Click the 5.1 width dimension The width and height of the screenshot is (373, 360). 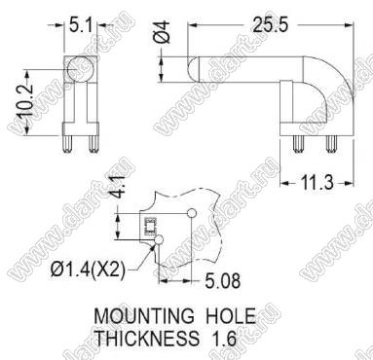pos(80,25)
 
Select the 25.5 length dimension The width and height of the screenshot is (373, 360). pos(271,25)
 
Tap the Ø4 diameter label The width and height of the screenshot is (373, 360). pos(163,31)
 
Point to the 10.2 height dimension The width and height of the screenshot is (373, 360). pos(26,101)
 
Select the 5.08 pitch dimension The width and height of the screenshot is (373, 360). pos(223,281)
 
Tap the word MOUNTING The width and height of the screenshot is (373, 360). pos(144,315)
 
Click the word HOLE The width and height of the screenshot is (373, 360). pos(231,315)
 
